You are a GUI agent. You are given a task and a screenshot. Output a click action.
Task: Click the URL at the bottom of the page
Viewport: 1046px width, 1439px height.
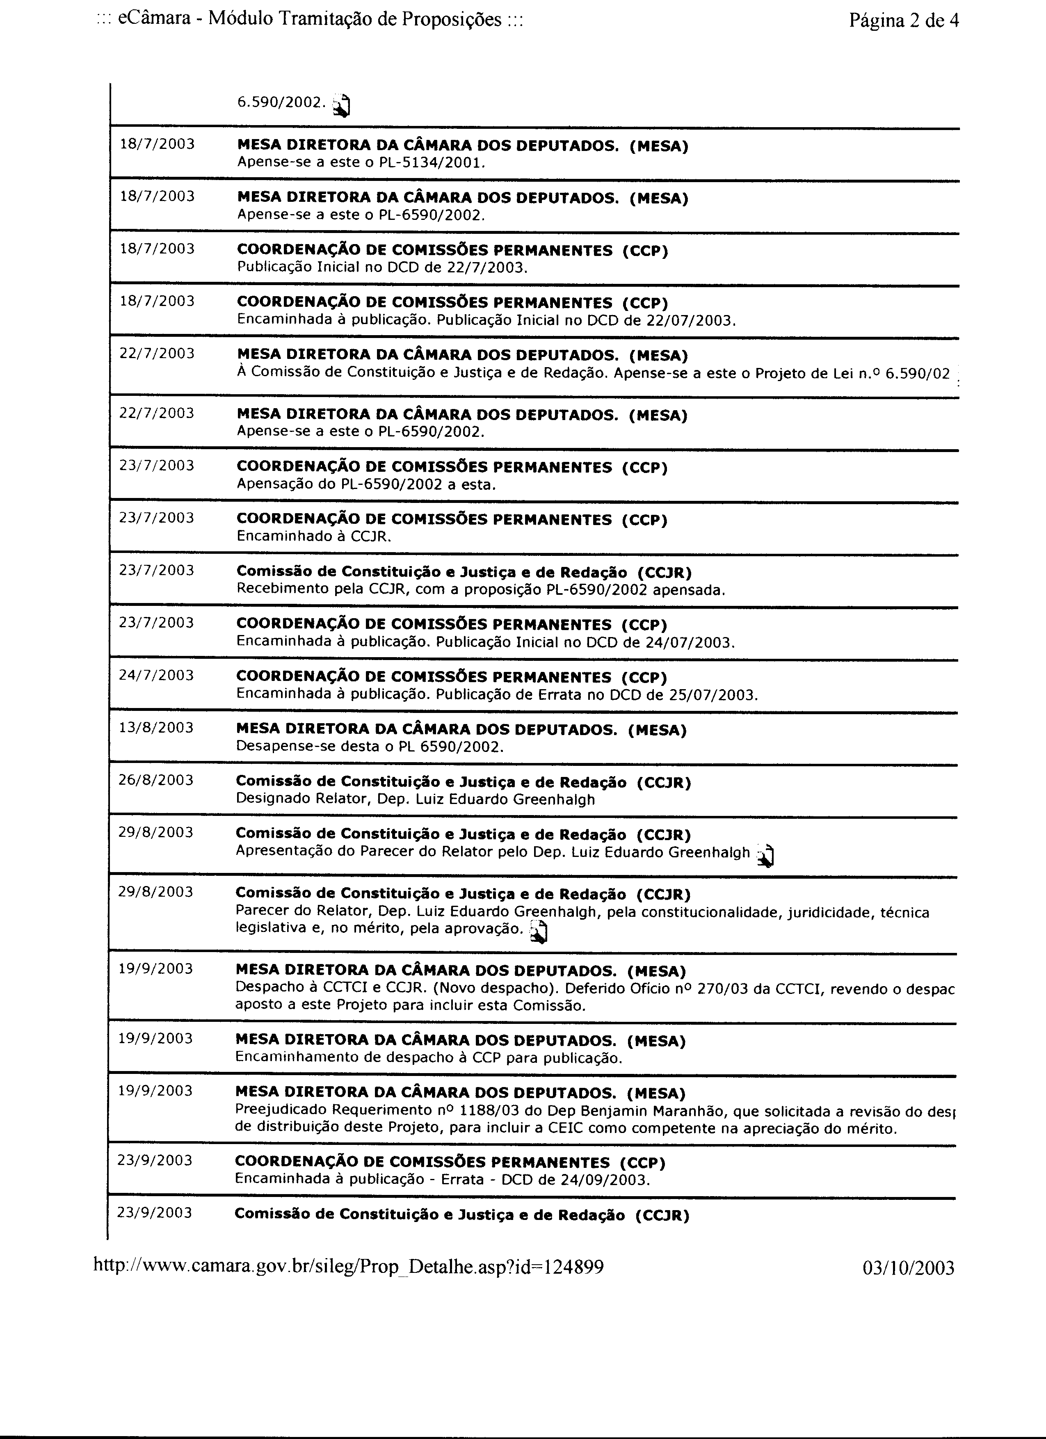tap(348, 1267)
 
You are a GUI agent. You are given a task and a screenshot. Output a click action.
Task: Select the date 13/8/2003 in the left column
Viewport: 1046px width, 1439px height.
tap(156, 728)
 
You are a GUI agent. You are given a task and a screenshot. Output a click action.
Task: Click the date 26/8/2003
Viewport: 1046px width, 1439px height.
tap(156, 780)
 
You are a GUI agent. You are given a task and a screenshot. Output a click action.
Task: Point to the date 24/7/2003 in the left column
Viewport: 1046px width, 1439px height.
tap(156, 675)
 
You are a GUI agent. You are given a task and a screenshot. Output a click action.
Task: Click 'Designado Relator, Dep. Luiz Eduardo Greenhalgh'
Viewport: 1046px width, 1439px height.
tap(415, 799)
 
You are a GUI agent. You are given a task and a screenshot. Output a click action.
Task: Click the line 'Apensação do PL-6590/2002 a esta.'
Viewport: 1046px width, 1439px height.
tap(366, 485)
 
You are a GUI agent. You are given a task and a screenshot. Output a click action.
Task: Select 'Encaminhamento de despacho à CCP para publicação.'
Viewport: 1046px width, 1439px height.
tap(429, 1058)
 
